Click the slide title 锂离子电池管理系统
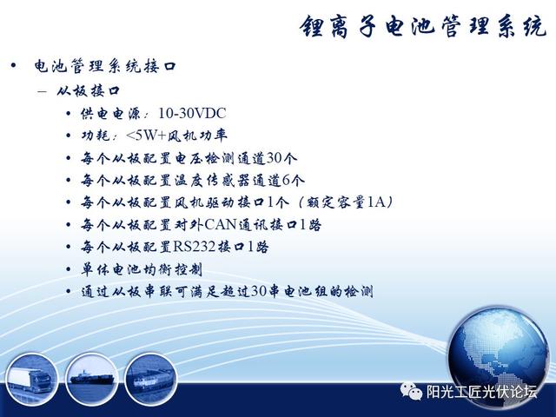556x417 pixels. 423,26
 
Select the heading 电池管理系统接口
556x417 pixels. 105,66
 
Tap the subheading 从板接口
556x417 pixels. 89,90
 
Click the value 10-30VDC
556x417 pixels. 192,114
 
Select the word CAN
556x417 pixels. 221,224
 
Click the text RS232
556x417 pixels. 195,247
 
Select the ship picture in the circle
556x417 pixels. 92,379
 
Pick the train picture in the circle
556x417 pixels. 151,379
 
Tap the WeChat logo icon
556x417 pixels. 411,391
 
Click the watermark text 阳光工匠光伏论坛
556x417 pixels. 481,392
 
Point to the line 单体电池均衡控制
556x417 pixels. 142,269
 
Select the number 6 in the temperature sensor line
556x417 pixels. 286,181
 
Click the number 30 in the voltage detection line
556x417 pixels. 275,158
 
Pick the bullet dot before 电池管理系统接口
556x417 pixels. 14,66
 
